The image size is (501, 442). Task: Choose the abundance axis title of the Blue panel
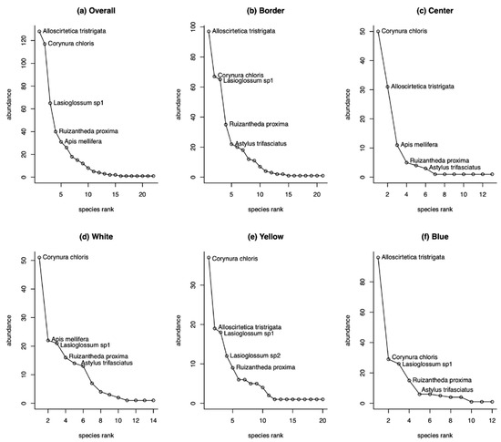tap(344, 325)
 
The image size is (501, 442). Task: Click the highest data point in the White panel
tap(39, 258)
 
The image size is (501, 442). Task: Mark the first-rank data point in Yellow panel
tap(209, 258)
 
